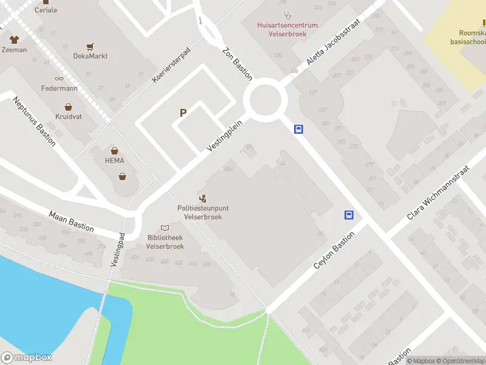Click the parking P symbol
183,113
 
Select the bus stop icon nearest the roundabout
298,129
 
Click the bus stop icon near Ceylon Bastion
349,215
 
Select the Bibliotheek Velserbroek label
165,242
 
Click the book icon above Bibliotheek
165,228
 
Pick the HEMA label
114,161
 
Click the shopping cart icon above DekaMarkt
91,46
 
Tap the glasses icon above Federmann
59,78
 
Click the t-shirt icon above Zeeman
14,39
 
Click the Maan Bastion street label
72,221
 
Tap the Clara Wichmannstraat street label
437,193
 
